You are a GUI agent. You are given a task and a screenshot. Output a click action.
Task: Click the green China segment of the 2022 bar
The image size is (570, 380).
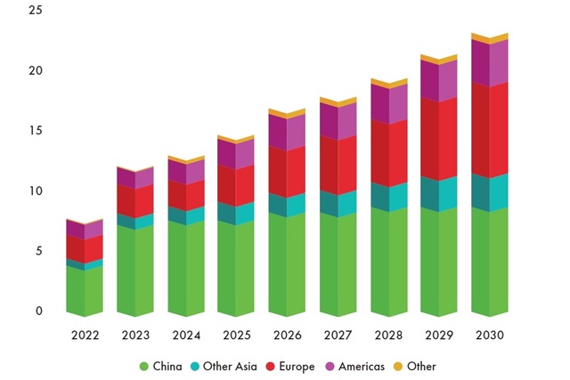pos(85,290)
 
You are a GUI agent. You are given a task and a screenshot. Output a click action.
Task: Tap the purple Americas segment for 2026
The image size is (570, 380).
pos(287,132)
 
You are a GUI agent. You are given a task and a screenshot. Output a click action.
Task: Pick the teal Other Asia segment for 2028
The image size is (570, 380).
pos(388,197)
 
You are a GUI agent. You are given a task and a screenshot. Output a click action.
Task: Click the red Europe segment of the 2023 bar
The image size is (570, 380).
pos(134,200)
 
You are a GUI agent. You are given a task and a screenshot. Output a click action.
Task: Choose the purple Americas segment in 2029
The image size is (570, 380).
pos(438,80)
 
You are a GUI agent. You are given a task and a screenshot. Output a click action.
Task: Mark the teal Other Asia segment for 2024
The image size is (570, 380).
pos(185,215)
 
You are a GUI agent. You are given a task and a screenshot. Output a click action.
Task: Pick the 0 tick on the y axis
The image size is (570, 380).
pos(39,311)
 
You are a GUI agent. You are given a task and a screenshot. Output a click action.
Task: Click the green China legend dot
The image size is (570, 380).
pos(144,367)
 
